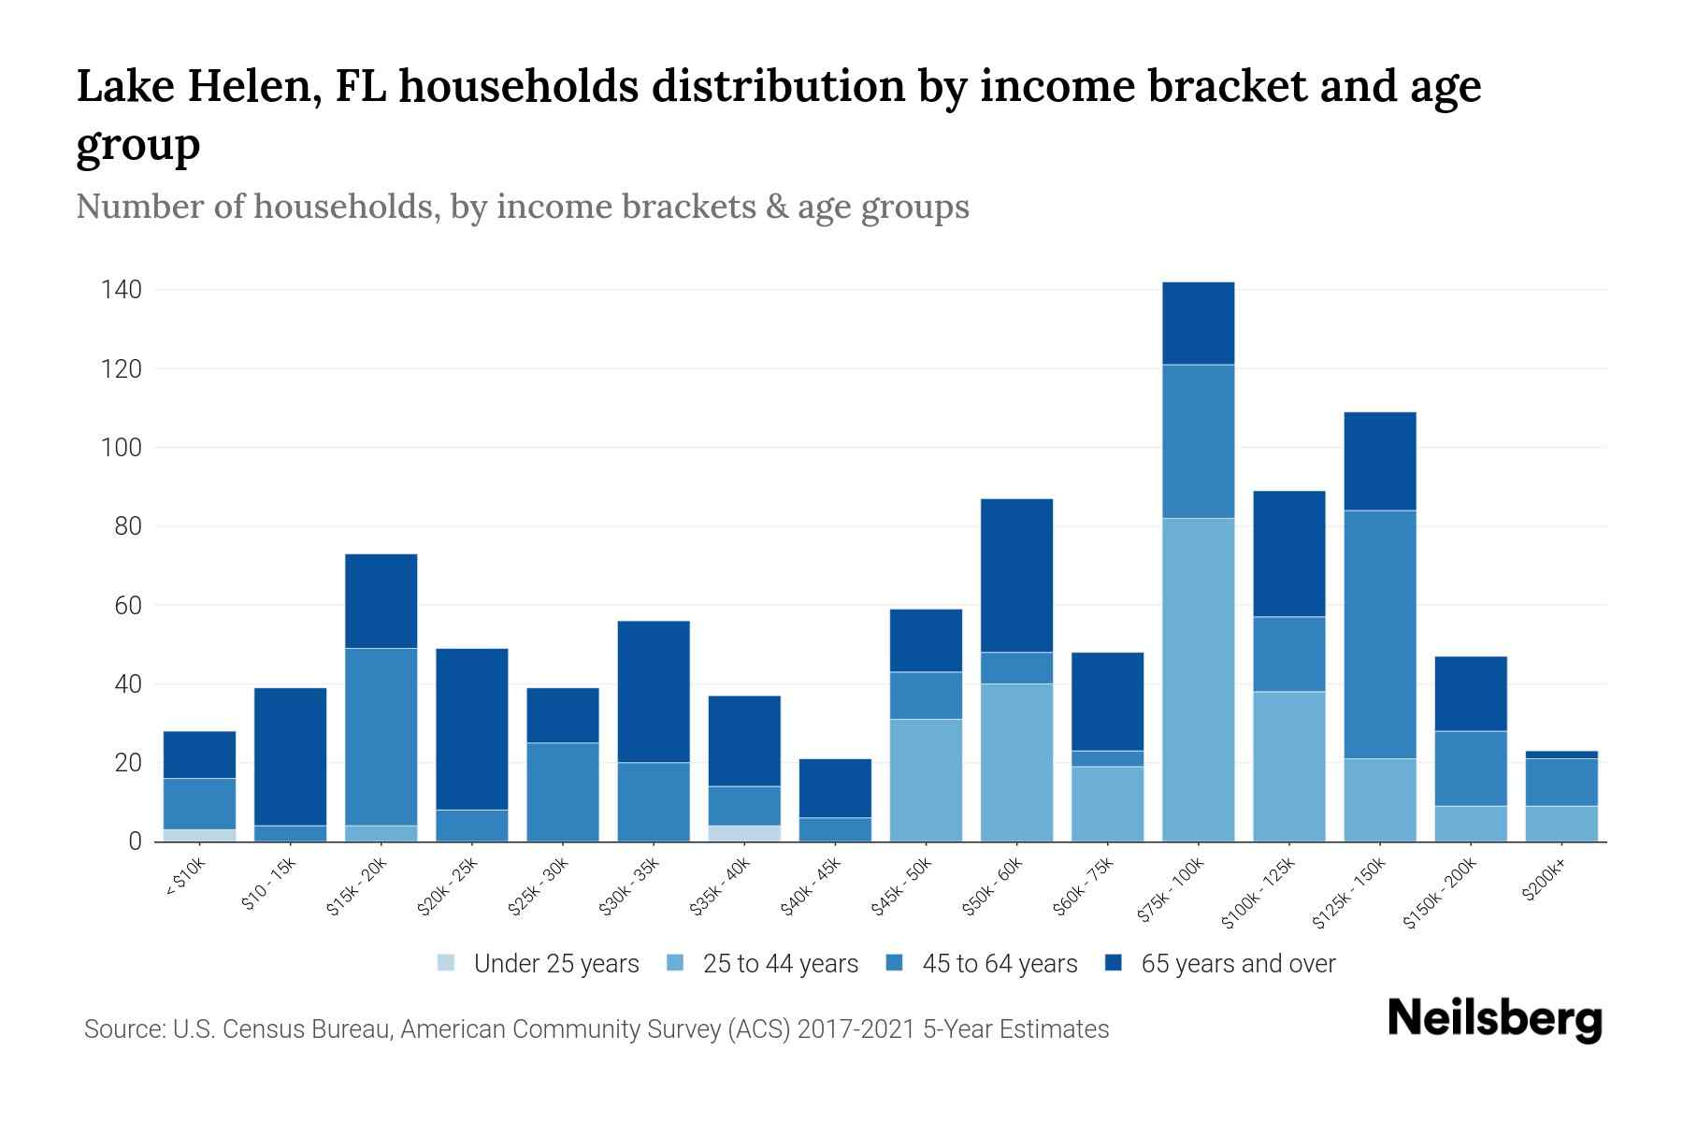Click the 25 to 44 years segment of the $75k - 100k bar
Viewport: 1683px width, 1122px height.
coord(1198,680)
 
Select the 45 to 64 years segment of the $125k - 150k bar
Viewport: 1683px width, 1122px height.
coord(1379,634)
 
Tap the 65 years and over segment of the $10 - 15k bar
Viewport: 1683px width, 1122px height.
coord(290,756)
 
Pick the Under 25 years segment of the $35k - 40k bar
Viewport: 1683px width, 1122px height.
coord(744,833)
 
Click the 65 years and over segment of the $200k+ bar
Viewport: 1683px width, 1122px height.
coord(1561,755)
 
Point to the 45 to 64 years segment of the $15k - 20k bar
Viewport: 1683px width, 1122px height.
coord(381,737)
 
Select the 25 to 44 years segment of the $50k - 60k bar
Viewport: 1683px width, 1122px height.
coord(1016,762)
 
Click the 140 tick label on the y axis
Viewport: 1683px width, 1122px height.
coord(122,290)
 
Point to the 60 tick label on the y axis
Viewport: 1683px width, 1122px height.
coord(128,606)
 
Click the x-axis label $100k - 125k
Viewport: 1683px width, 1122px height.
coord(1259,892)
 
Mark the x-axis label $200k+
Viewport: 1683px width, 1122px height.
coord(1543,881)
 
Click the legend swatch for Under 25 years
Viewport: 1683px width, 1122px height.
coord(447,963)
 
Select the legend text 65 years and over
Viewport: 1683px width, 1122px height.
coord(1238,964)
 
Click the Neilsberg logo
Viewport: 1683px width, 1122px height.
coord(1495,1019)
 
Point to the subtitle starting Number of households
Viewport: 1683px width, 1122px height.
coord(522,207)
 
